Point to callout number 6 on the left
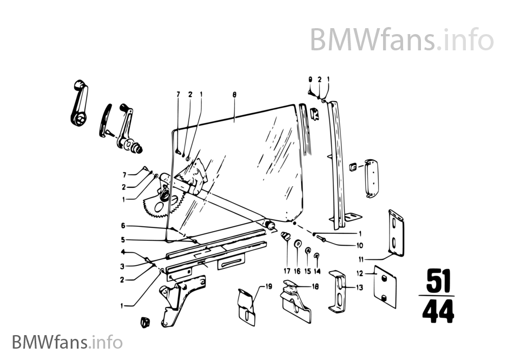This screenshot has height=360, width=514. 123,225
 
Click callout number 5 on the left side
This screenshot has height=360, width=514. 123,239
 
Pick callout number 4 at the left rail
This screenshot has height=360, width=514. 123,252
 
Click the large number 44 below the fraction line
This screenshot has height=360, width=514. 437,312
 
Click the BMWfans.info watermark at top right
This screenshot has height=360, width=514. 401,40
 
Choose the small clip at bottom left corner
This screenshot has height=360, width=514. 144,322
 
